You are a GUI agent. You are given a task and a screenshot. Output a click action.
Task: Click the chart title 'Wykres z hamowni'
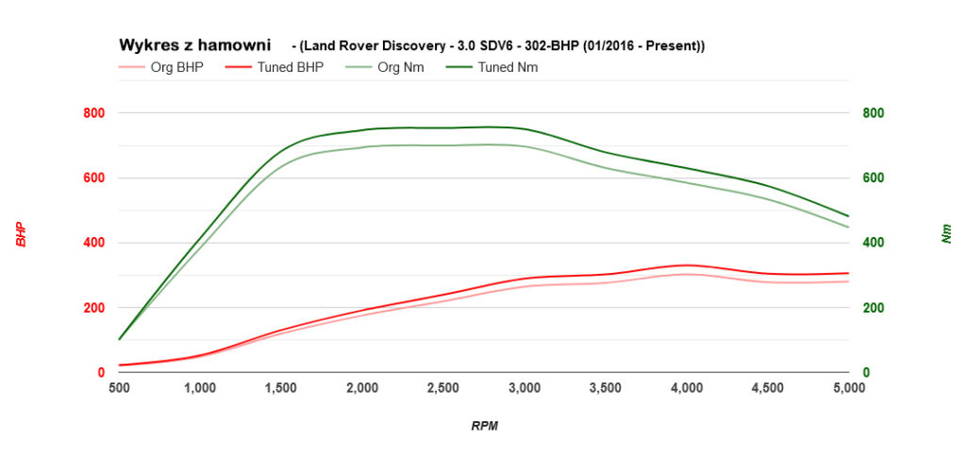tap(194, 44)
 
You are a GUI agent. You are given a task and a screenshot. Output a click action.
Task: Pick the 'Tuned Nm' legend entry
tap(508, 67)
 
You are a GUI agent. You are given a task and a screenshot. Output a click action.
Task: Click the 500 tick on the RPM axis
tap(119, 387)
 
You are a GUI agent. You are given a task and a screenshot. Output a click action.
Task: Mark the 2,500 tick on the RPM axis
tap(443, 387)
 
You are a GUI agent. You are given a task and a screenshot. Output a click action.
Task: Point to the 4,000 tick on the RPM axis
tap(687, 387)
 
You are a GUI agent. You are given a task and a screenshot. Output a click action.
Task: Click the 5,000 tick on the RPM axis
tap(849, 387)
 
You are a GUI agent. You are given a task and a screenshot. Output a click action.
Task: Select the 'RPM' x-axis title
tap(484, 426)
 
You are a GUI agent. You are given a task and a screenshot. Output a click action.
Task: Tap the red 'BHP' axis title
tap(21, 234)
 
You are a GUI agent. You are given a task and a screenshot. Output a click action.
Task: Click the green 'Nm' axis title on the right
tap(946, 234)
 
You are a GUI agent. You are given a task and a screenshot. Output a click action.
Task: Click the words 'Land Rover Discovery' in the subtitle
tap(372, 45)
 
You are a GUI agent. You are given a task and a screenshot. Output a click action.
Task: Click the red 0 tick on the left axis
tap(99, 373)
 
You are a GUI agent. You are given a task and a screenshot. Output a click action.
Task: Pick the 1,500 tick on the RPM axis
tap(281, 387)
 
